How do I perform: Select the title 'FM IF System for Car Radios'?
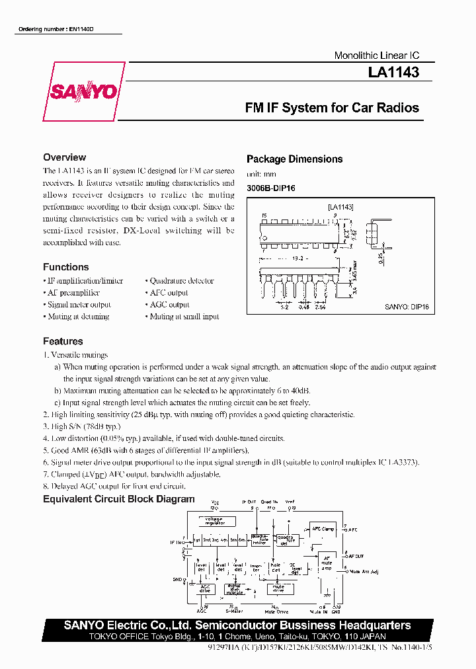click(332, 108)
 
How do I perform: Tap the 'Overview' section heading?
click(64, 157)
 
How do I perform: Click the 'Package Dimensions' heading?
click(294, 159)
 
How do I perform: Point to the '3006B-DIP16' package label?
click(270, 188)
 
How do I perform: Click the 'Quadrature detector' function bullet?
click(179, 281)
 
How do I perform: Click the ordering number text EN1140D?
click(60, 30)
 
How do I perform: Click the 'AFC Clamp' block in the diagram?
click(323, 529)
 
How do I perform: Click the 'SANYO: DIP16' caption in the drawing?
click(407, 306)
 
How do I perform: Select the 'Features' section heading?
click(63, 341)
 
